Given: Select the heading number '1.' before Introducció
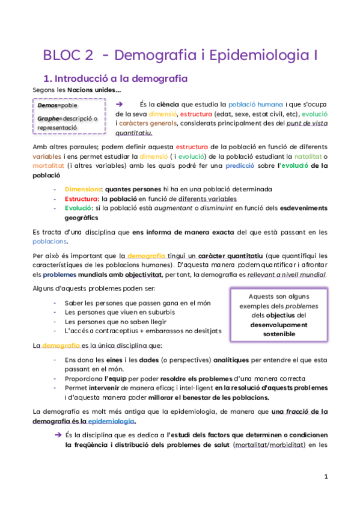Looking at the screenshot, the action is tap(50, 78).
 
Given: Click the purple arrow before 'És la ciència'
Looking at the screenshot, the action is tap(119, 103).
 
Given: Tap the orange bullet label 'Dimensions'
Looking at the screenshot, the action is tap(83, 189).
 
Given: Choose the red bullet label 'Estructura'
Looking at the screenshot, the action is tap(81, 198).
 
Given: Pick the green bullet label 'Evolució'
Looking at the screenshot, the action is tap(79, 208).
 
